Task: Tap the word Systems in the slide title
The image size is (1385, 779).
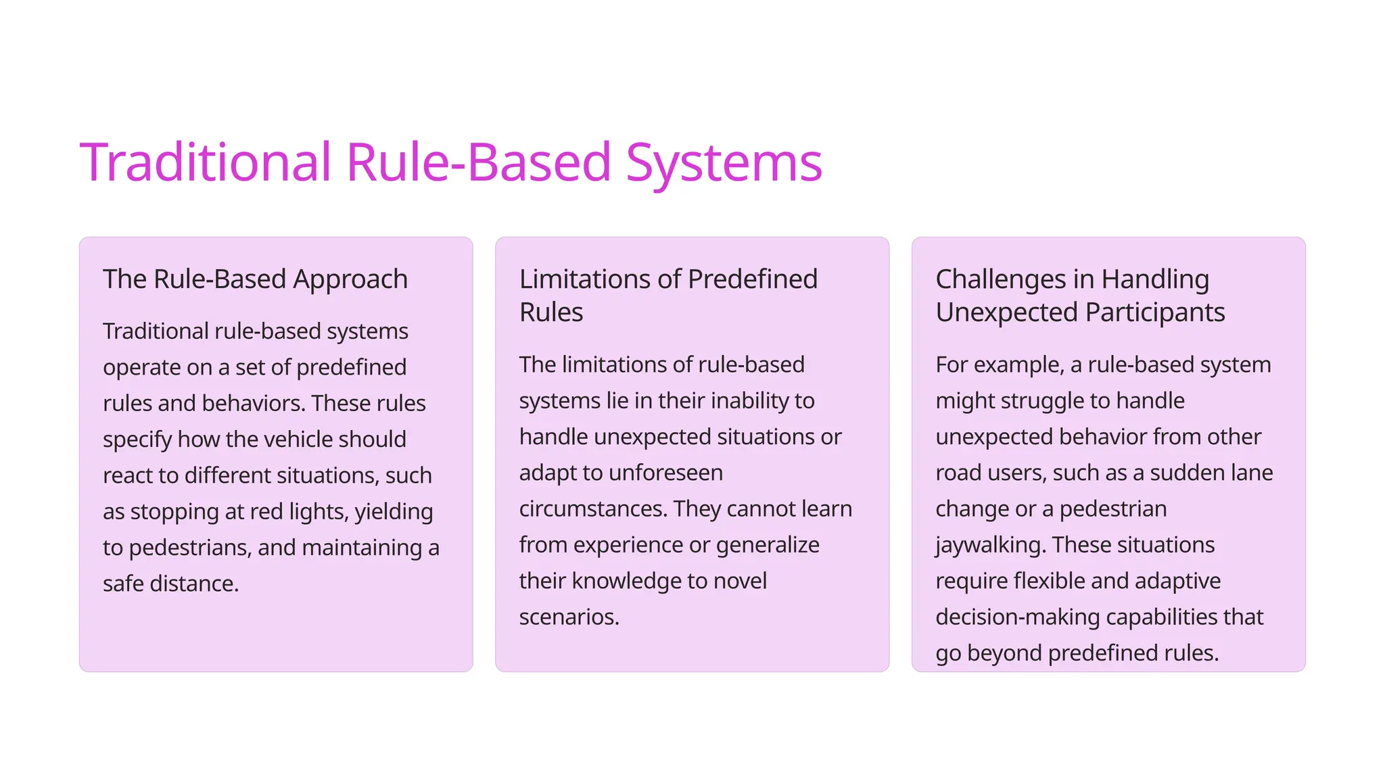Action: pyautogui.click(x=724, y=163)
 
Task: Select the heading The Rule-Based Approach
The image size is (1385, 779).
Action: pyautogui.click(x=255, y=279)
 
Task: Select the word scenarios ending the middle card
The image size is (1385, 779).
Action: pyautogui.click(x=569, y=617)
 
